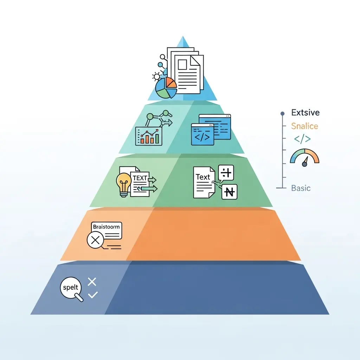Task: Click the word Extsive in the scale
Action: (x=305, y=113)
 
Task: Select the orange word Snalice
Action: (x=304, y=126)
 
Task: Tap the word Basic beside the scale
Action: (x=301, y=188)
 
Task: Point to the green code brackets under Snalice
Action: (x=302, y=139)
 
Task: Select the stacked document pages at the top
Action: (x=186, y=70)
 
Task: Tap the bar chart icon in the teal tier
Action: (x=149, y=136)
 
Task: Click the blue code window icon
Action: (x=210, y=130)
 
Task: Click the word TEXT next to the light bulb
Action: (x=140, y=178)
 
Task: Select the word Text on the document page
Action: (x=203, y=177)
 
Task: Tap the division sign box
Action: (x=226, y=173)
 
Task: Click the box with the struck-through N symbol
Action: (x=230, y=192)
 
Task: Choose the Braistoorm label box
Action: (x=106, y=227)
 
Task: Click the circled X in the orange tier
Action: (x=95, y=240)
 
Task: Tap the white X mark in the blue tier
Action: (x=92, y=282)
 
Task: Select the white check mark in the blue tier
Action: (x=93, y=295)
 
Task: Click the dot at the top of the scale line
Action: (x=282, y=114)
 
